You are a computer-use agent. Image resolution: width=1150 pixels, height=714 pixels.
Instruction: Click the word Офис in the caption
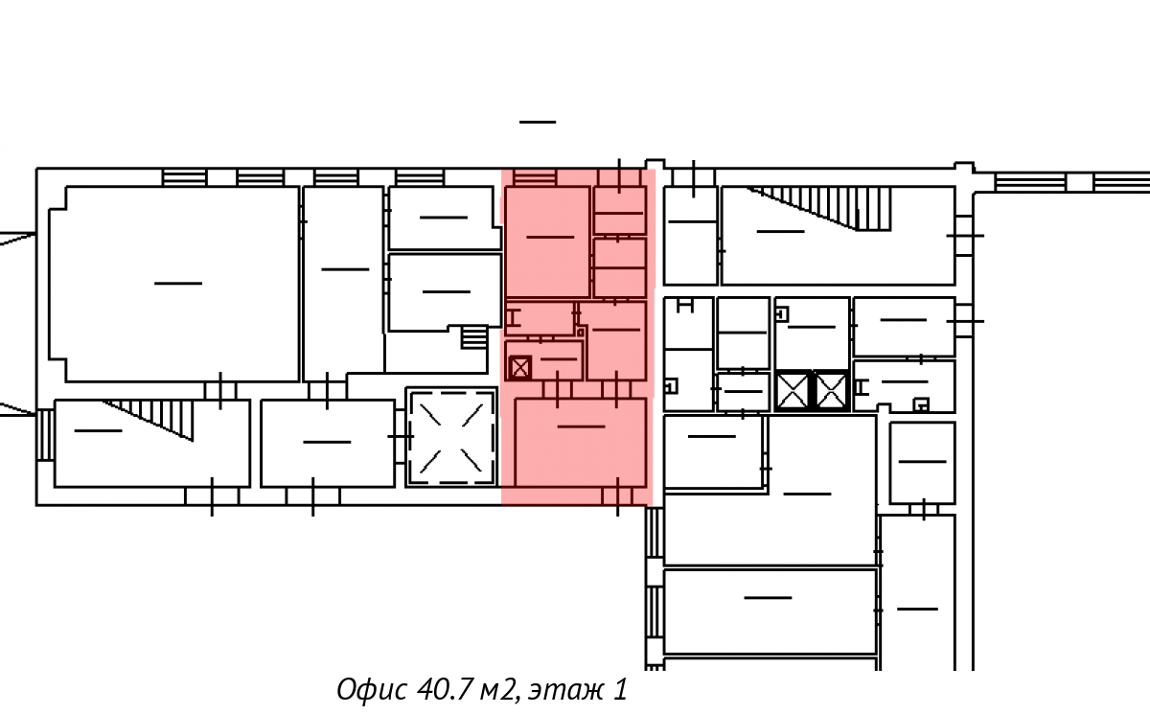click(x=372, y=689)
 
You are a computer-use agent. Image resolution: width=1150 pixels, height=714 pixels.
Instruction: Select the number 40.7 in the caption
click(x=443, y=689)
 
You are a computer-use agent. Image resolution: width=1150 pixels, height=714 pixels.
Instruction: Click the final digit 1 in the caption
click(x=620, y=689)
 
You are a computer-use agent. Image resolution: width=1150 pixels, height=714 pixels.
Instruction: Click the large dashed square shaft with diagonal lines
click(x=451, y=437)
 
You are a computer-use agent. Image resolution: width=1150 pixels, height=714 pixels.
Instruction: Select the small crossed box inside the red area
click(x=519, y=368)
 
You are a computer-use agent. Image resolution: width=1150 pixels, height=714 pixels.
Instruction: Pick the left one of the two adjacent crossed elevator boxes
click(x=793, y=391)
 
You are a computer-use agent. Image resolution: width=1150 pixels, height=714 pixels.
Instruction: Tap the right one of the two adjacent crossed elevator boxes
click(x=830, y=391)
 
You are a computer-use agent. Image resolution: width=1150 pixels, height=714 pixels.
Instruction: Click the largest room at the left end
click(x=174, y=284)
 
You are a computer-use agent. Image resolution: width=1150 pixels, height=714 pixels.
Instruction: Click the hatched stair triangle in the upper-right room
click(x=827, y=208)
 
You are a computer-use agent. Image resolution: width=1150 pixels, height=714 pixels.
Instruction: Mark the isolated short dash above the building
click(x=538, y=122)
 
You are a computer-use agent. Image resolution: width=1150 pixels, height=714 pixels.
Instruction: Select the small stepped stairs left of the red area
click(x=473, y=337)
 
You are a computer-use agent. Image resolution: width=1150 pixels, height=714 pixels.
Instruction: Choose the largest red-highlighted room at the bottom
click(x=580, y=443)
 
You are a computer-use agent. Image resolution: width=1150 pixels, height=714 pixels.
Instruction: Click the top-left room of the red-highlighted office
click(x=547, y=242)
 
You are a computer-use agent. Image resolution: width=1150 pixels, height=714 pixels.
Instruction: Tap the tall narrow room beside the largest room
click(x=343, y=284)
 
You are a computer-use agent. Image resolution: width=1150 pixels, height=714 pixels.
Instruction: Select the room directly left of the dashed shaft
click(x=328, y=443)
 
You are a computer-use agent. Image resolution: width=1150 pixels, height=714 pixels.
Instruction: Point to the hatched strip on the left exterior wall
click(x=45, y=434)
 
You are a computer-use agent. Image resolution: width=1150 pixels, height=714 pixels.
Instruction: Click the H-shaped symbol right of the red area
click(x=685, y=306)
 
